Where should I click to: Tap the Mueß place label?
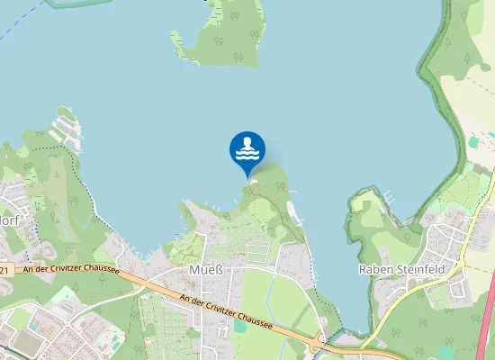click(200, 269)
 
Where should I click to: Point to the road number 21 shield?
click(4, 269)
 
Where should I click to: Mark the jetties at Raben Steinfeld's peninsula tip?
click(389, 194)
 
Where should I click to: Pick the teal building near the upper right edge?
click(474, 142)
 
